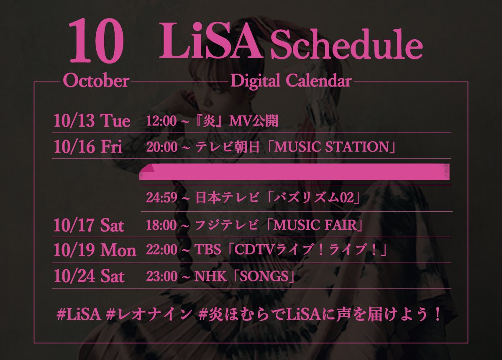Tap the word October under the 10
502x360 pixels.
(96, 81)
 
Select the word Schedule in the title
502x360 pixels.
(346, 48)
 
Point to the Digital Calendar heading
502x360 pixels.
(291, 81)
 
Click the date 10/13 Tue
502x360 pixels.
(92, 121)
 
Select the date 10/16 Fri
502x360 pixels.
(88, 147)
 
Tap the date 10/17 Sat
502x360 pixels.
(89, 225)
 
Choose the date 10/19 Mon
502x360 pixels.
(95, 250)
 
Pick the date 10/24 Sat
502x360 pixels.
(89, 276)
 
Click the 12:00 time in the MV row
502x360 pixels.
(161, 121)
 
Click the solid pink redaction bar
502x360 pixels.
(295, 172)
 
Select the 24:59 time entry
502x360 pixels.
(161, 198)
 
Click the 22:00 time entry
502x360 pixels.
(161, 250)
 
